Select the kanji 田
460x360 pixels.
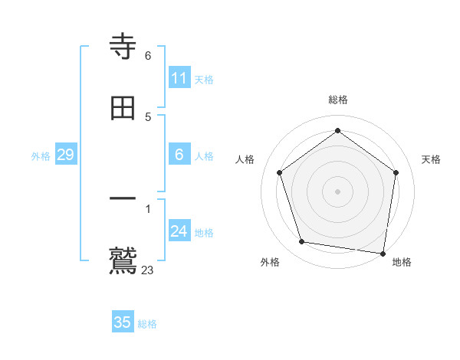click(x=123, y=108)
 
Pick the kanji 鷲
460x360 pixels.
click(x=123, y=260)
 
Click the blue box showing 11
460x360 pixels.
click(x=179, y=78)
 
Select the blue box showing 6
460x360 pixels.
click(x=179, y=155)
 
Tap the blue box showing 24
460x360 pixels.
click(x=179, y=231)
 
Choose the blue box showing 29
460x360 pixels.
click(x=65, y=155)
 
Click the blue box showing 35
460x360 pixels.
click(x=123, y=322)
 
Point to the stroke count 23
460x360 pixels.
click(x=148, y=270)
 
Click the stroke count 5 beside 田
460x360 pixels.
click(x=148, y=116)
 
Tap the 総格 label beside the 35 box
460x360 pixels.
click(x=148, y=324)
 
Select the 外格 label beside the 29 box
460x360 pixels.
click(x=41, y=156)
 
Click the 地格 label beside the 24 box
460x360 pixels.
click(x=204, y=233)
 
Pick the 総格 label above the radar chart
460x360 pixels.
click(x=337, y=100)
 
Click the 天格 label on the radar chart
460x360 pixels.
click(x=431, y=159)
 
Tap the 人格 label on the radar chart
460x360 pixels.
click(x=245, y=159)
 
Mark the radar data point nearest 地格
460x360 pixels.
click(x=383, y=252)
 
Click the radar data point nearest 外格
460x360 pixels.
click(x=302, y=242)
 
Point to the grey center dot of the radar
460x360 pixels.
click(x=337, y=190)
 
